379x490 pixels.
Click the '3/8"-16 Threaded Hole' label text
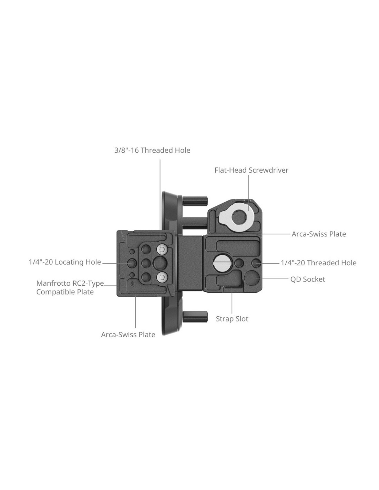click(x=152, y=150)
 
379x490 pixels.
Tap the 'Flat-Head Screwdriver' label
click(x=251, y=170)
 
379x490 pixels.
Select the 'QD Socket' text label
click(x=308, y=279)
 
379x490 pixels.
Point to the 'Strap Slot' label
click(x=232, y=319)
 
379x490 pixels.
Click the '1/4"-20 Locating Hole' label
click(x=65, y=262)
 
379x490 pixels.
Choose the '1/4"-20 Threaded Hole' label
click(x=319, y=263)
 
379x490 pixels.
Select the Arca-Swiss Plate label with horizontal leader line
click(x=319, y=234)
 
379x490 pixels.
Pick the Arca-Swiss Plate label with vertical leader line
click(x=128, y=335)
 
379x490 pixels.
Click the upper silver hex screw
click(x=162, y=249)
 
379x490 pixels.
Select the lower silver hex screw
click(x=162, y=276)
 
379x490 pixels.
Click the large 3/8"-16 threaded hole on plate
click(x=160, y=263)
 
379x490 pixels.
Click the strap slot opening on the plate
click(x=232, y=287)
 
